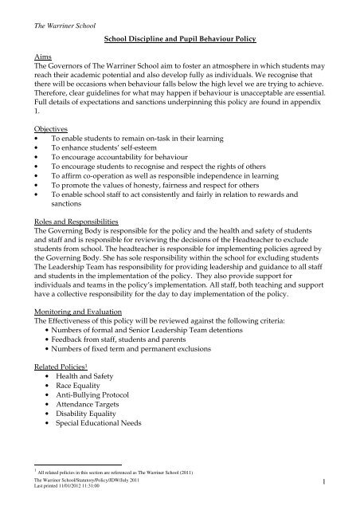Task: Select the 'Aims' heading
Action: click(x=33, y=58)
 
